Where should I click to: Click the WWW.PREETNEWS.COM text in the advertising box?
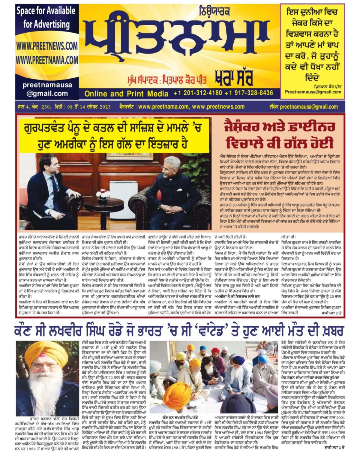click(47, 46)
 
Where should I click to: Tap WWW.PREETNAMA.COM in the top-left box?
click(47, 60)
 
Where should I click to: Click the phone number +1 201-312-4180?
click(197, 93)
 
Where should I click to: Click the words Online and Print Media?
click(126, 93)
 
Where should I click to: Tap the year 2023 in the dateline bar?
click(104, 107)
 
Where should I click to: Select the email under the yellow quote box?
click(313, 92)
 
